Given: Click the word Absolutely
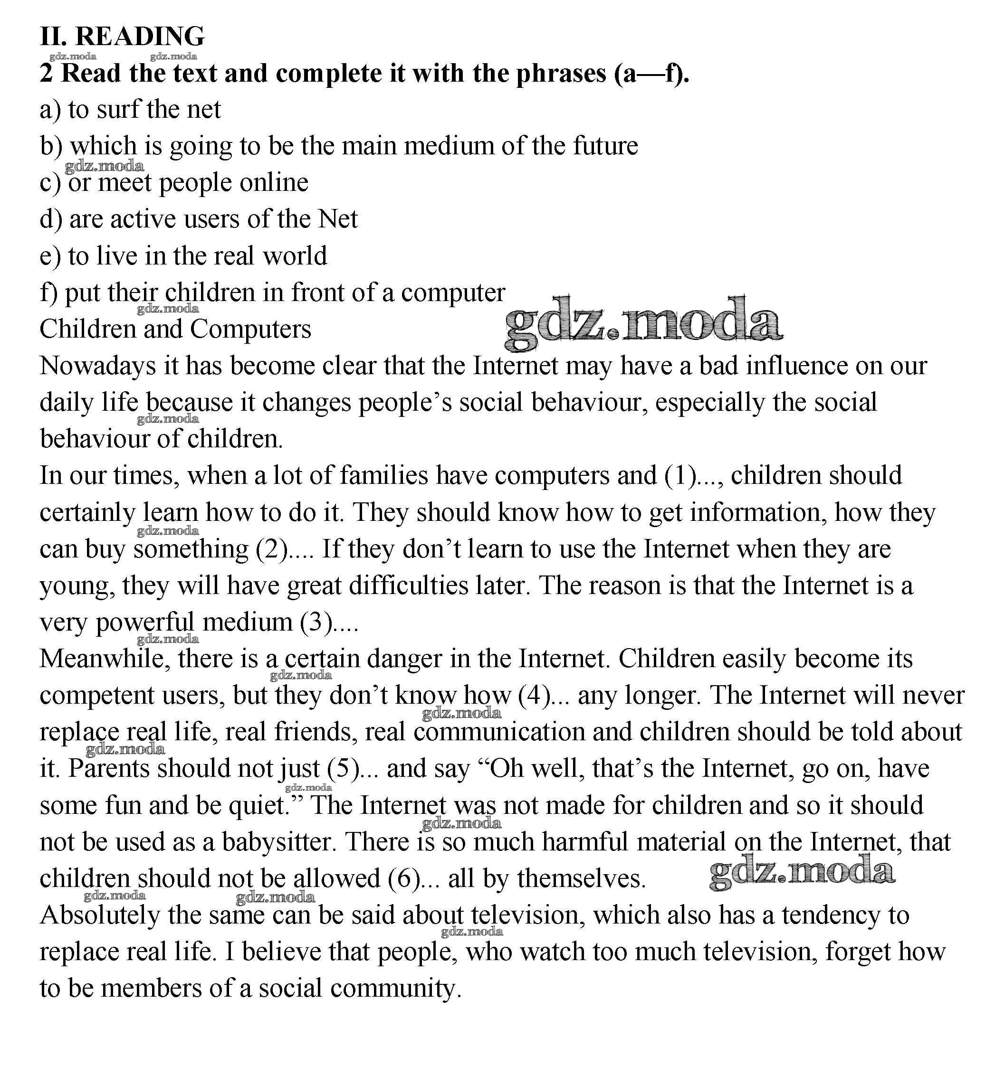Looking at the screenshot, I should [100, 915].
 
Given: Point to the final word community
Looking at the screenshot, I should [395, 988].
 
